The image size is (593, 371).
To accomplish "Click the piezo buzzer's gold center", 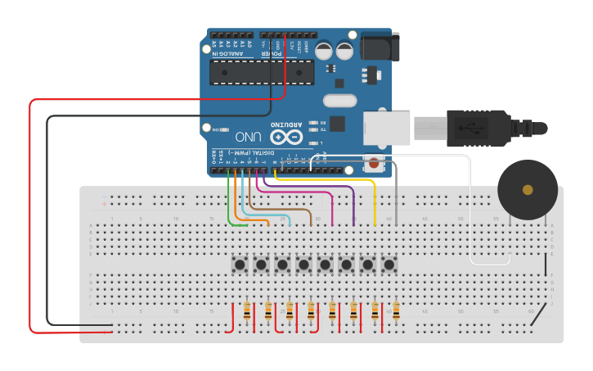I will [x=528, y=190].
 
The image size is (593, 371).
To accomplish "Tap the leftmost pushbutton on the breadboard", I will [x=240, y=265].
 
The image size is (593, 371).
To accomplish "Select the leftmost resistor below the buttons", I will [x=247, y=311].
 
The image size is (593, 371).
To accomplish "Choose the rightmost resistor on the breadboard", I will [x=396, y=311].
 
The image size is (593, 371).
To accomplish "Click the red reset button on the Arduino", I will [x=375, y=163].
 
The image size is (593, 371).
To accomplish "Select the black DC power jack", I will [x=381, y=47].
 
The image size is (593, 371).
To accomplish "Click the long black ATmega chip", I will [x=262, y=72].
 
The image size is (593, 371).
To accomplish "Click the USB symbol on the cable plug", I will [x=472, y=128].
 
